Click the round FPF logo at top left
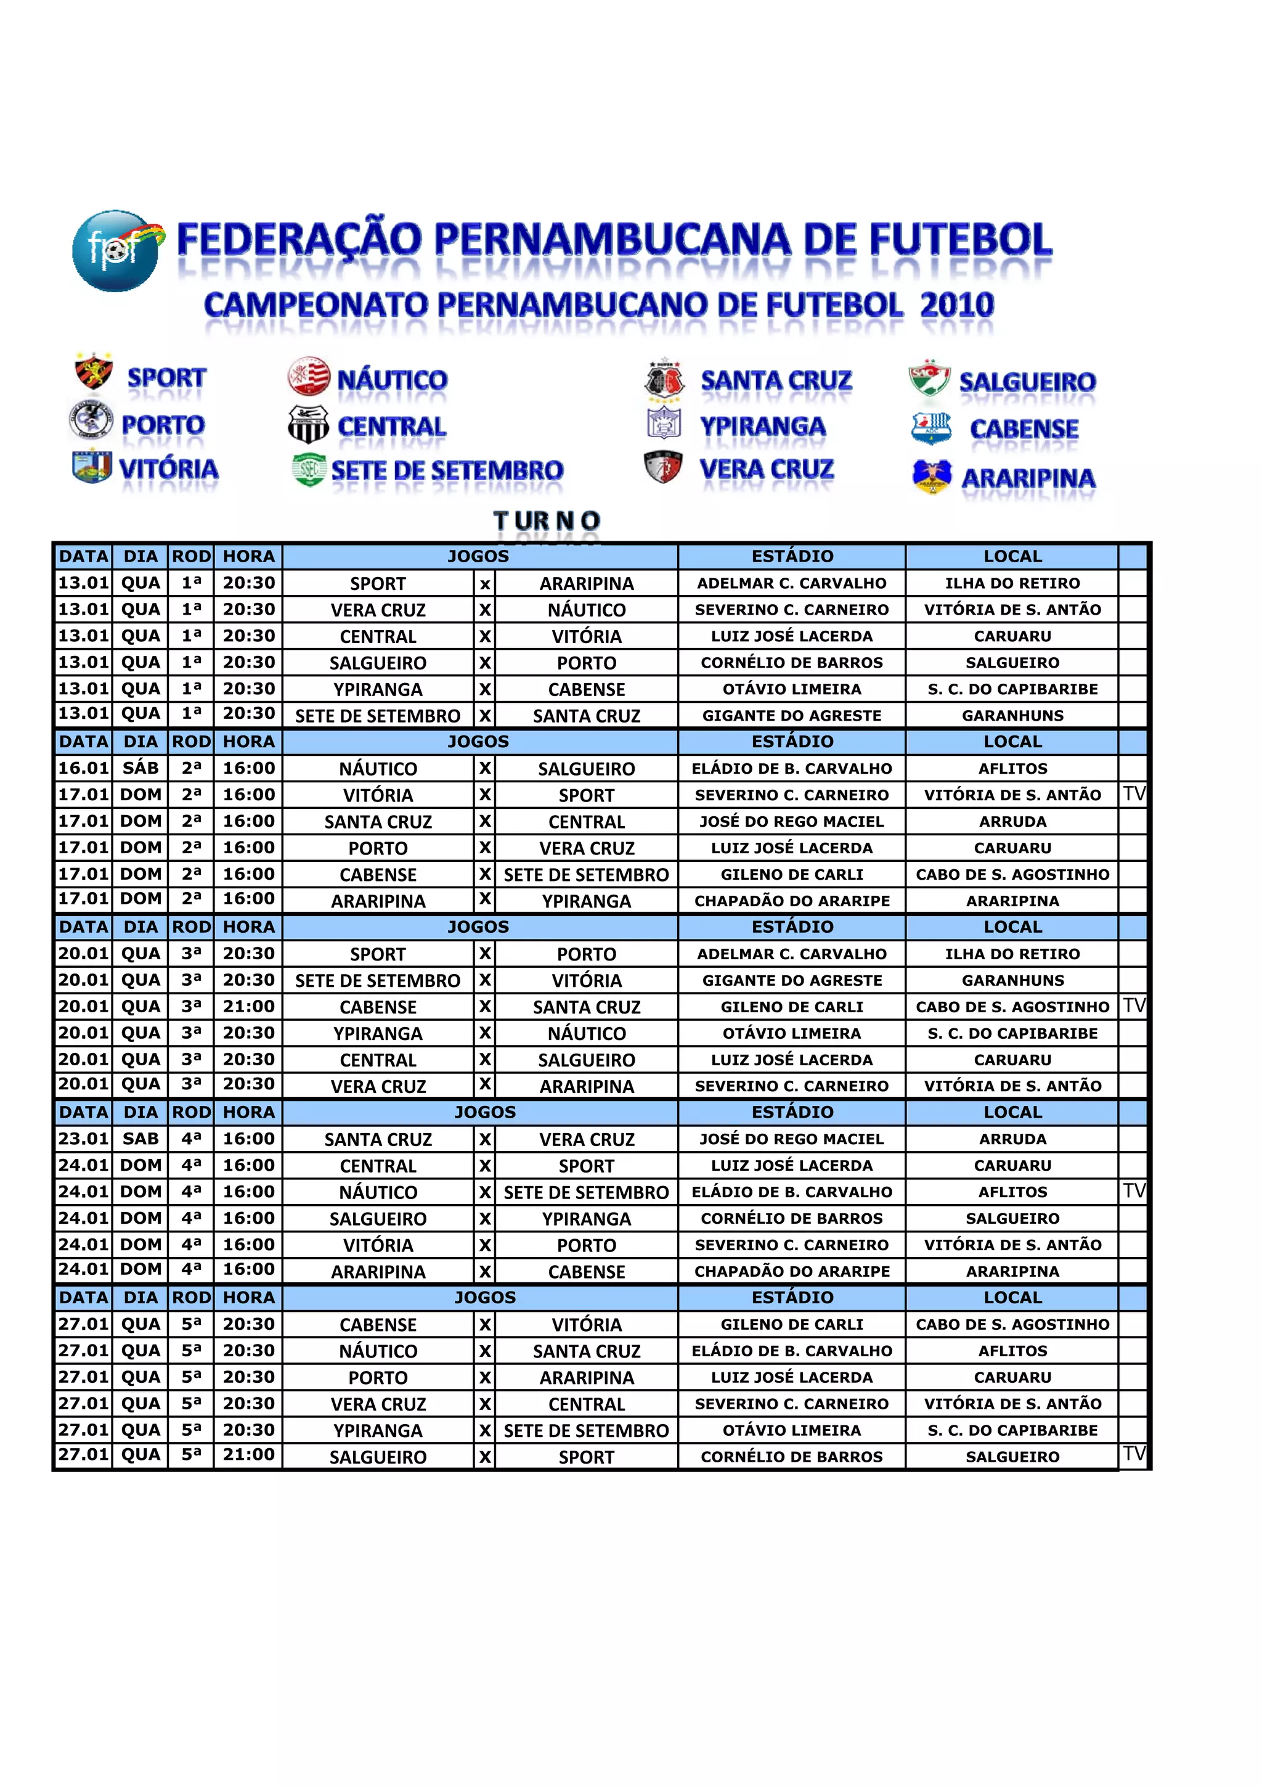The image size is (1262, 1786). tap(116, 250)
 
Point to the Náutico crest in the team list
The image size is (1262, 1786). tap(309, 377)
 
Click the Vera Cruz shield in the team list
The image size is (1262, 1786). tap(663, 467)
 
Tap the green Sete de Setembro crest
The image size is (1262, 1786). tap(309, 469)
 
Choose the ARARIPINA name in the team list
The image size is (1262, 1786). tap(1028, 478)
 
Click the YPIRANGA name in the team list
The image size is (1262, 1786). tap(762, 426)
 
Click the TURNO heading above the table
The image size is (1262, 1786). tap(547, 520)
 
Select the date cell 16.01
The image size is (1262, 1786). tap(83, 768)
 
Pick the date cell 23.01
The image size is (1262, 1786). tap(83, 1138)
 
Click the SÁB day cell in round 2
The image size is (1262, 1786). tap(140, 768)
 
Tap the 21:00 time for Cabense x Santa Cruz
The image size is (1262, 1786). tap(249, 1006)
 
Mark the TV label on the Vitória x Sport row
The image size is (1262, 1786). tap(1134, 793)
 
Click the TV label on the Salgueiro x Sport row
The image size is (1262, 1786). tap(1134, 1453)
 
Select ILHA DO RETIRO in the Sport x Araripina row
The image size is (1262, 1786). tap(1012, 583)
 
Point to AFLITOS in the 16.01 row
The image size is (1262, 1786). tap(1012, 768)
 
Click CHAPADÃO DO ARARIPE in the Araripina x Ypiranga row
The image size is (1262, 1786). tap(792, 900)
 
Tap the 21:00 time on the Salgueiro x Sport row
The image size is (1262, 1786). tap(249, 1454)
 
